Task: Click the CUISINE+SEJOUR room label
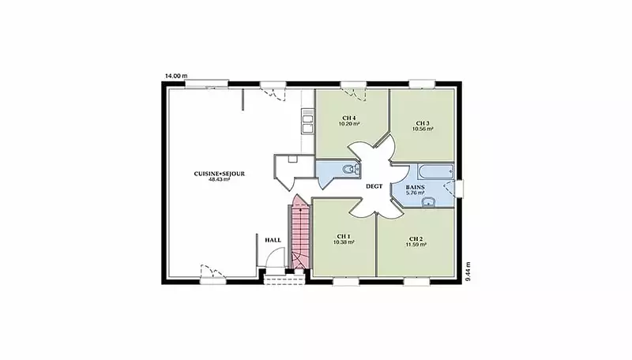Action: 220,174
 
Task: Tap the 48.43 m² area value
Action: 220,179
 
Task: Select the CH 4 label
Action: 349,118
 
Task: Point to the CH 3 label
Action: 423,123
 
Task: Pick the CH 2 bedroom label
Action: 416,238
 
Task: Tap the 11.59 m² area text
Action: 416,244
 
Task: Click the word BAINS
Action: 416,187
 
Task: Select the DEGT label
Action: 374,186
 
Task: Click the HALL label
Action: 273,240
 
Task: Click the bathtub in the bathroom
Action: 436,171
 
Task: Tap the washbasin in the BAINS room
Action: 428,202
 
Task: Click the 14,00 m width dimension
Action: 176,76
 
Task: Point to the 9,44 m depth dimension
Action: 468,272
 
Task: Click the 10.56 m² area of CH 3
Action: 423,129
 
